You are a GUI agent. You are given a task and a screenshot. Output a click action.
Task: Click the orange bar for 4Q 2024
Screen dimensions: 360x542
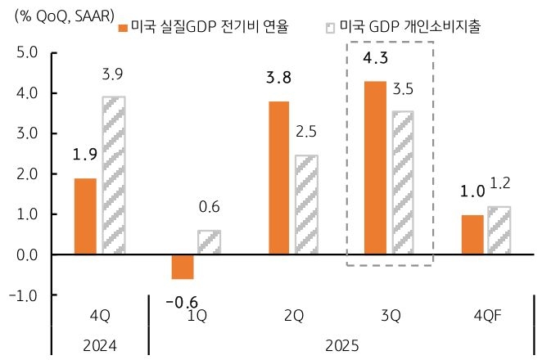pyautogui.click(x=85, y=216)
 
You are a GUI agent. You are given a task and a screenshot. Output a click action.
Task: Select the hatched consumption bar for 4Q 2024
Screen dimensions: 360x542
pyautogui.click(x=114, y=176)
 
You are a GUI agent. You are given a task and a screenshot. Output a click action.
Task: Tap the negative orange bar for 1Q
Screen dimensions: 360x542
pyautogui.click(x=183, y=267)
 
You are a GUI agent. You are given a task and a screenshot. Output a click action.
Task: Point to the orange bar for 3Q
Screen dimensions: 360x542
pyautogui.click(x=375, y=168)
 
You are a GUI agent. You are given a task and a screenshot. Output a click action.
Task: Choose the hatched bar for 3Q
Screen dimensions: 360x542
pyautogui.click(x=403, y=183)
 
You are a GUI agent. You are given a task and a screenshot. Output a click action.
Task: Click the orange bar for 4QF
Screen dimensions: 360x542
pyautogui.click(x=472, y=235)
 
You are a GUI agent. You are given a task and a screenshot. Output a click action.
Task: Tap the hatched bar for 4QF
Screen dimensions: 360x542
pyautogui.click(x=500, y=231)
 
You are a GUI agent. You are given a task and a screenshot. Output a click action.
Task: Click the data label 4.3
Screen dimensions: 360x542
pyautogui.click(x=374, y=60)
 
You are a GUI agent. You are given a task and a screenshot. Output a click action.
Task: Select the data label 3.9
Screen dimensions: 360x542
pyautogui.click(x=113, y=75)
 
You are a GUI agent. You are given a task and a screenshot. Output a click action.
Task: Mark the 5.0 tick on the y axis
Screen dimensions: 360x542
pyautogui.click(x=28, y=53)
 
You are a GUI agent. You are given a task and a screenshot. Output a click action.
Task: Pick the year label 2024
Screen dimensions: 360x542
pyautogui.click(x=100, y=345)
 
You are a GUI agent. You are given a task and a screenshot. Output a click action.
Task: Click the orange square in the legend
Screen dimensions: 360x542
pyautogui.click(x=124, y=27)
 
